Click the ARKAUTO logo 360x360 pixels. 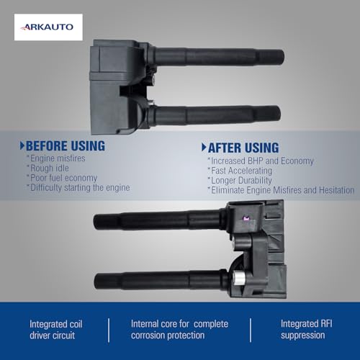(x=48, y=27)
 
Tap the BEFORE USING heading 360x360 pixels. (x=66, y=146)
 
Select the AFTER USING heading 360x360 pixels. (x=243, y=148)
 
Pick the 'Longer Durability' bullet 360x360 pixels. (x=240, y=181)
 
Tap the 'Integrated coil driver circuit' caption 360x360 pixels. (x=56, y=330)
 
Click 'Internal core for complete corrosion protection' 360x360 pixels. (x=179, y=330)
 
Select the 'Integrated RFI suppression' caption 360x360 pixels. (x=307, y=330)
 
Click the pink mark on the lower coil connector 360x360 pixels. (x=246, y=218)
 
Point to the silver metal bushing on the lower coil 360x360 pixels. (x=239, y=278)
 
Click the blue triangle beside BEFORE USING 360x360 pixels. (x=22, y=145)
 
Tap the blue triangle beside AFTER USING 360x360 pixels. (x=204, y=148)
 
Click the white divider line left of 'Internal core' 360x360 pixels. (x=109, y=330)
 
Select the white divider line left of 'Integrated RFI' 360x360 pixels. (x=251, y=330)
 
